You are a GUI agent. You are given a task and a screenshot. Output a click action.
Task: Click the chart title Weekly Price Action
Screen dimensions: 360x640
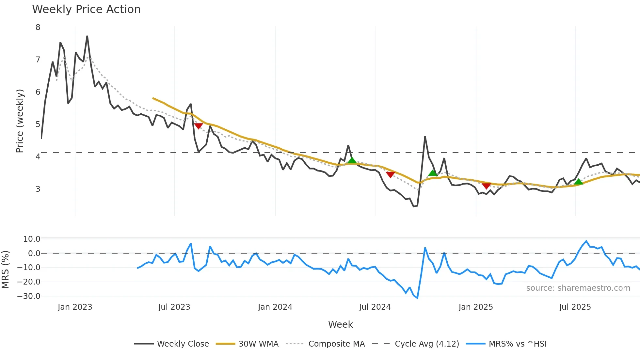(86, 9)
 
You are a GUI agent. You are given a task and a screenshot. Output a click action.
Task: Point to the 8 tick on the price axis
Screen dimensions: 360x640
(38, 27)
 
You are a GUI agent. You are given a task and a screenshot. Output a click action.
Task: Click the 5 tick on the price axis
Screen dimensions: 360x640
(38, 124)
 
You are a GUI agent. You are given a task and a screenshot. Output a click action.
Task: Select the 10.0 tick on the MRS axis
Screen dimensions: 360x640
(31, 239)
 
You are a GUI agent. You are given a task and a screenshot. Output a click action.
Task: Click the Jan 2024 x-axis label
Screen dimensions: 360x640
(275, 307)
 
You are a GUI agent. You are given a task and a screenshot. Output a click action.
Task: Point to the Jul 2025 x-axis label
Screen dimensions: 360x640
(575, 307)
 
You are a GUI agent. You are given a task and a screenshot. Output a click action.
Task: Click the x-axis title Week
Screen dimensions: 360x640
(340, 324)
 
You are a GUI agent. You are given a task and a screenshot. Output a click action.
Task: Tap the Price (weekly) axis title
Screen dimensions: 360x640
(20, 121)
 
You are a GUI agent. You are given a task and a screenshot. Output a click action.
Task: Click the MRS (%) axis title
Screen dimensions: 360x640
(5, 270)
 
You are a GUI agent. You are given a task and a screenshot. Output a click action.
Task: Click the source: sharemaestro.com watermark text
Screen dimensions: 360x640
(578, 288)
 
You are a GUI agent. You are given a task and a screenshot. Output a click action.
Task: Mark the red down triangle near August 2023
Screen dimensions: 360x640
(198, 126)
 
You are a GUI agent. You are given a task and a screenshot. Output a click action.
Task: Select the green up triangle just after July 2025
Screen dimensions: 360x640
(578, 182)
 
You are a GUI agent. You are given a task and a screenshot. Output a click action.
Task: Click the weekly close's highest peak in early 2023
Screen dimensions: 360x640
(87, 36)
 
